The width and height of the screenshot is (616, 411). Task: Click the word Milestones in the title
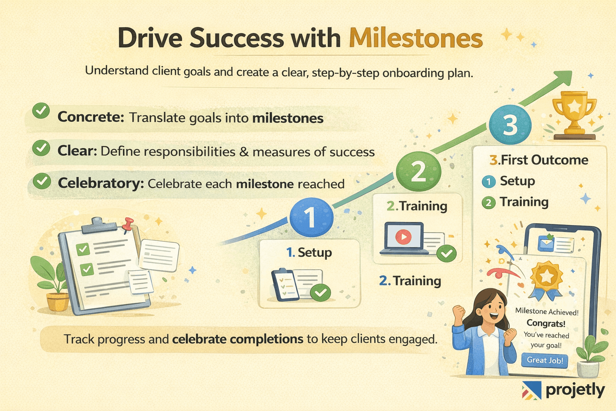415,39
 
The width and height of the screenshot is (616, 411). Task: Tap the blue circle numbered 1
311,217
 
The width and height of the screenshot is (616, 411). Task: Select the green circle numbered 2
418,171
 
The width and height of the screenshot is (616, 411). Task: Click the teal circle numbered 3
510,124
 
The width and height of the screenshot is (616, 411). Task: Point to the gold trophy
574,112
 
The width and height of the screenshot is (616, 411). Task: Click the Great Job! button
545,360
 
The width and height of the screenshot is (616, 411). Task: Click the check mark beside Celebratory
41,181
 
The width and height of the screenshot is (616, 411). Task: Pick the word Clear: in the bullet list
77,151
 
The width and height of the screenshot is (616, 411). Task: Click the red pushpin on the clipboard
128,224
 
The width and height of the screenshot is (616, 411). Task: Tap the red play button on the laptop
403,237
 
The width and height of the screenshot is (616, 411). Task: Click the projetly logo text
575,390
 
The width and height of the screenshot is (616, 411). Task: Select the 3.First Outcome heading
539,160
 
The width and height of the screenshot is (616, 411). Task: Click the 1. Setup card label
309,252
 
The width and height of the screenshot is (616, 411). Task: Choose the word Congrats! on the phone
546,323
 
